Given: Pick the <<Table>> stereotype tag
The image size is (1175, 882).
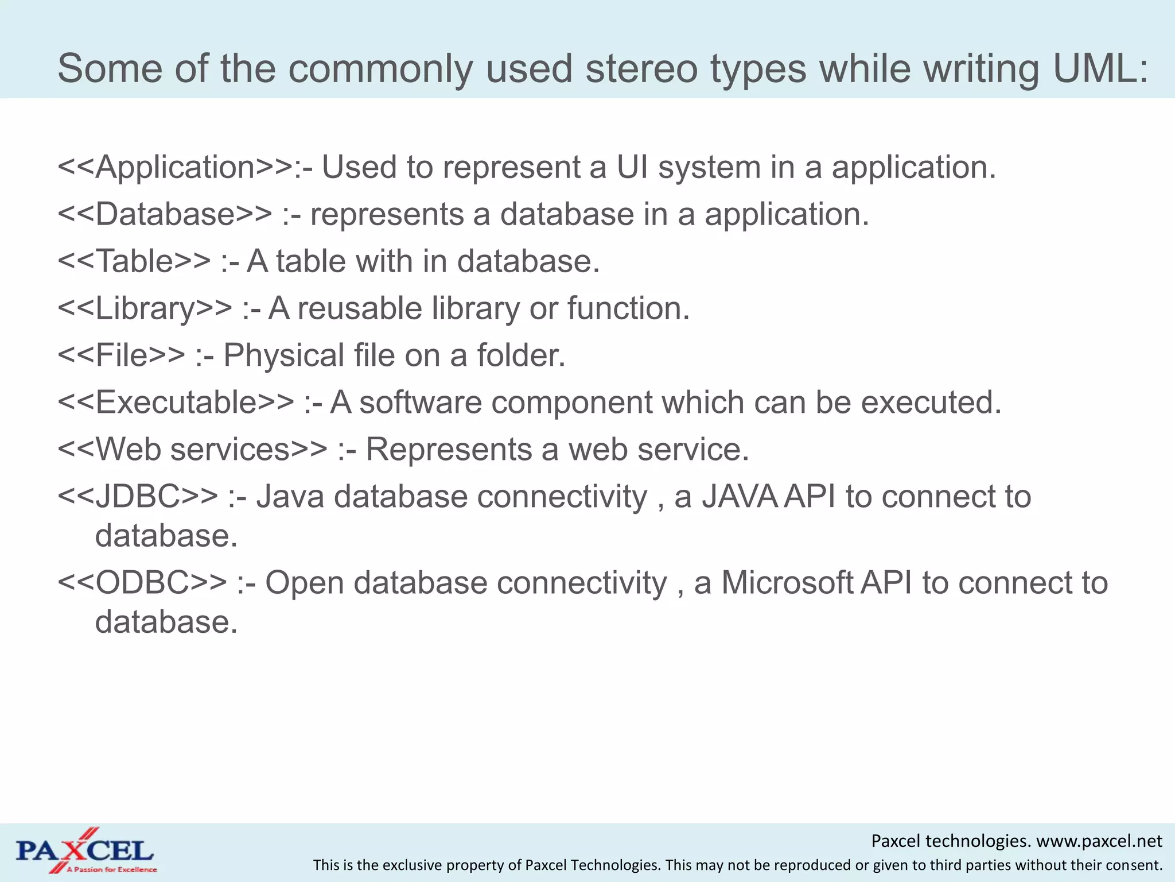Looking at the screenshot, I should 134,262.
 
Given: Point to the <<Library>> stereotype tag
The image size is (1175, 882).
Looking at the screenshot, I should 145,309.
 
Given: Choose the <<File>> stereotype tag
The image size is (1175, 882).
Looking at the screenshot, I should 121,356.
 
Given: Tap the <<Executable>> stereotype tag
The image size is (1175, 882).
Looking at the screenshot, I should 176,403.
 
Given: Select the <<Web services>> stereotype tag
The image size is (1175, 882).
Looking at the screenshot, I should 192,450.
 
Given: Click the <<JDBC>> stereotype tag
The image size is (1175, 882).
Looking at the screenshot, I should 138,497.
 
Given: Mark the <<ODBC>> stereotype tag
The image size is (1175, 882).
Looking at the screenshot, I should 142,583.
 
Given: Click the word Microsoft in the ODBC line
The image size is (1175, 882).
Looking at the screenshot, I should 787,583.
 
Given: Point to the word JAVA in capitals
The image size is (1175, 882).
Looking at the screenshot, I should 740,497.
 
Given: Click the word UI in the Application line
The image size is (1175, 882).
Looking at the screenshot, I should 632,168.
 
